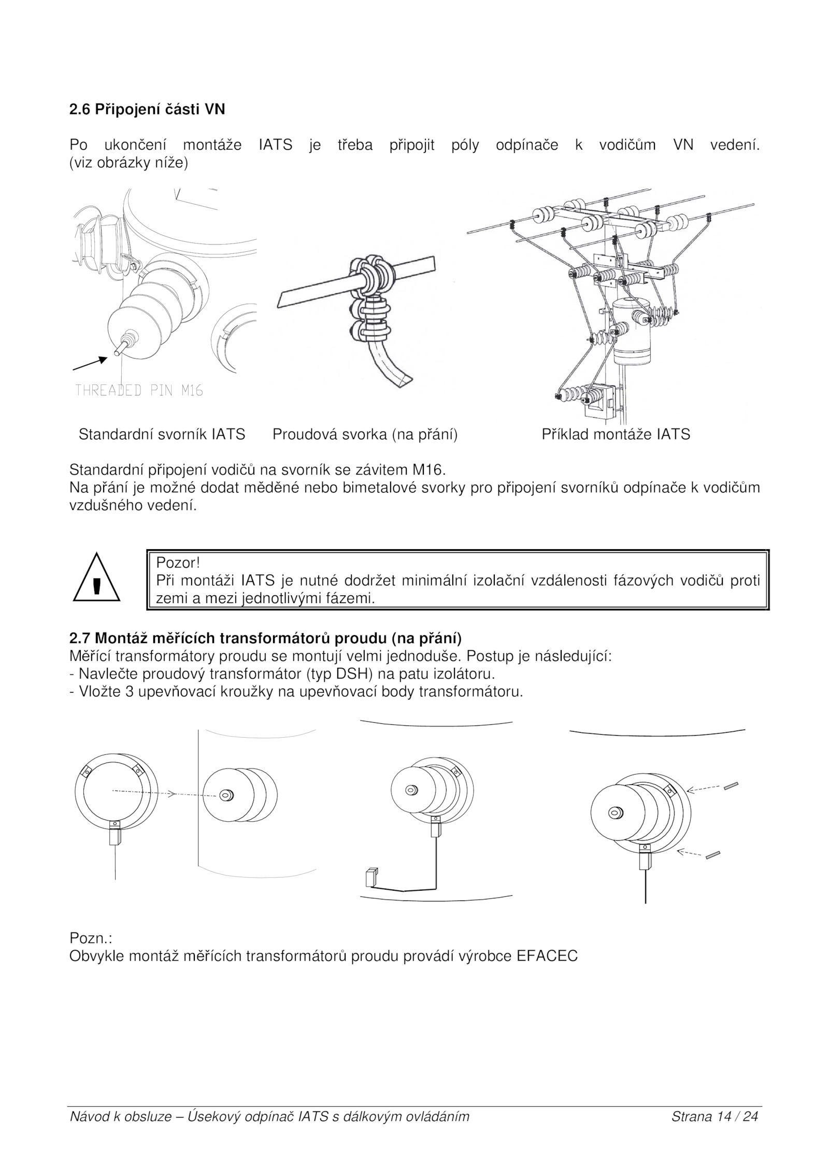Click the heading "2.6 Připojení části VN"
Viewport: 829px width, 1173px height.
(x=147, y=110)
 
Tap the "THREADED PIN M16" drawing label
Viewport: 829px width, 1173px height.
(x=139, y=390)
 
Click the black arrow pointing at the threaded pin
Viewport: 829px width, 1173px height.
(x=90, y=363)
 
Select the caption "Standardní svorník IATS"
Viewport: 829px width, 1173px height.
(x=162, y=434)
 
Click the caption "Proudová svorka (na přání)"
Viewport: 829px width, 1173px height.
(x=365, y=434)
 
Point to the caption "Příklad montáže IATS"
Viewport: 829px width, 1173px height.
(x=616, y=434)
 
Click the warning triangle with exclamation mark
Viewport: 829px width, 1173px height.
(x=96, y=580)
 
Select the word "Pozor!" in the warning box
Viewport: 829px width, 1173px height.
(x=178, y=562)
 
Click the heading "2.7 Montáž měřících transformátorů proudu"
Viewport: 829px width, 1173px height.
(x=265, y=637)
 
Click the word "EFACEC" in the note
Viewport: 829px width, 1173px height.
(x=547, y=956)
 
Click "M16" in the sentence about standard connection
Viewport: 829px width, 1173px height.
(x=428, y=470)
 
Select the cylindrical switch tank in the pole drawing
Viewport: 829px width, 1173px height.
(x=631, y=332)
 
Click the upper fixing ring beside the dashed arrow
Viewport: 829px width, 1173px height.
(x=731, y=785)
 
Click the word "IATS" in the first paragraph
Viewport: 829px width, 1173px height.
(x=275, y=145)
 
